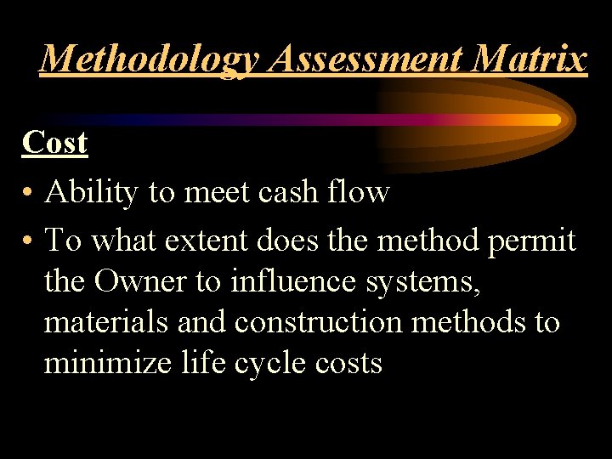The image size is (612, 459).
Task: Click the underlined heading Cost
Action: pyautogui.click(x=55, y=142)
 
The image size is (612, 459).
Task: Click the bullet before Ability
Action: pyautogui.click(x=29, y=194)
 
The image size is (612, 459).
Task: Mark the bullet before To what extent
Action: pyautogui.click(x=29, y=241)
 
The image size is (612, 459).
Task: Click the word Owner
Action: pyautogui.click(x=141, y=281)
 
